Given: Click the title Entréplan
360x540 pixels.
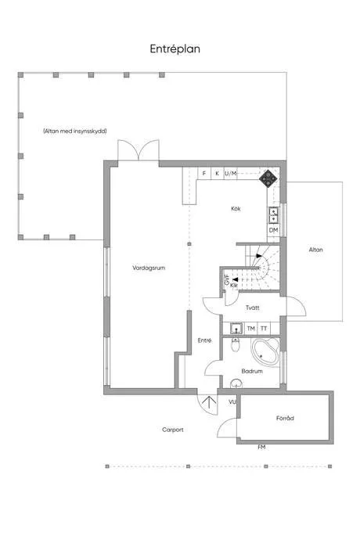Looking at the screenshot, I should coord(176,49).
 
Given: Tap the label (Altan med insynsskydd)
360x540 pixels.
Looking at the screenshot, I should coord(75,131).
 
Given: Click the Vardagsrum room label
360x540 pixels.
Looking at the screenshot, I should coord(148,268).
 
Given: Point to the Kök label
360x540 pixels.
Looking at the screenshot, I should coord(236,208).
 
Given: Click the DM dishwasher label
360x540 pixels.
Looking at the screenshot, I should coord(274,230).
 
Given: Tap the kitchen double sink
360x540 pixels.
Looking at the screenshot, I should coord(274,214).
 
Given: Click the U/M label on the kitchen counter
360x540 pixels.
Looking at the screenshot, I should coord(230,173).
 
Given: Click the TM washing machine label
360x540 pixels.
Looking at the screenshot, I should coord(251,328).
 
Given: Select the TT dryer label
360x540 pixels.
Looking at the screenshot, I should coord(265,328).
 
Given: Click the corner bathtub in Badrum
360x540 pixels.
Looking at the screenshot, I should coord(265,353).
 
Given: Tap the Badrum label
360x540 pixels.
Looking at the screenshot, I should coord(251,371).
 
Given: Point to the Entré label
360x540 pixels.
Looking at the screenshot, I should coord(204,340).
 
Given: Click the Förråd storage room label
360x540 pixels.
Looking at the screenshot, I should coord(285,419).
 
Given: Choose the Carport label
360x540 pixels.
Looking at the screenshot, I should coord(173,430).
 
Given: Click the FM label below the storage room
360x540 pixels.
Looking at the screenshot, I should coord(261,447).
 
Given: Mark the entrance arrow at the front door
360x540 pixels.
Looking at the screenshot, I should coord(209,403).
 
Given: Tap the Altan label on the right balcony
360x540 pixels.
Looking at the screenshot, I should coord(315,250).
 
